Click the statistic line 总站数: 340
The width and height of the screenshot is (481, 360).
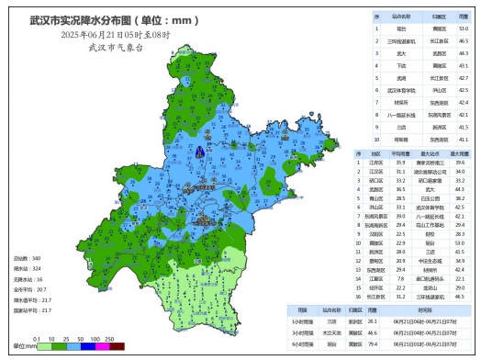pyautogui.click(x=30, y=260)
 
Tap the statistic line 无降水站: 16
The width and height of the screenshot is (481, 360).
pyautogui.click(x=30, y=278)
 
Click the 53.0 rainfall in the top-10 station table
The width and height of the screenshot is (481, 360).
pyautogui.click(x=464, y=28)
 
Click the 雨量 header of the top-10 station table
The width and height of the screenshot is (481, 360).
pyautogui.click(x=464, y=17)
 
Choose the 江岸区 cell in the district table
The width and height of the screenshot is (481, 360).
pyautogui.click(x=376, y=163)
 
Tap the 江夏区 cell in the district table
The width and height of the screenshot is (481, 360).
pyautogui.click(x=376, y=278)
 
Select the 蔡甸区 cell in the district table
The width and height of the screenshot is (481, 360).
pyautogui.click(x=376, y=261)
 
